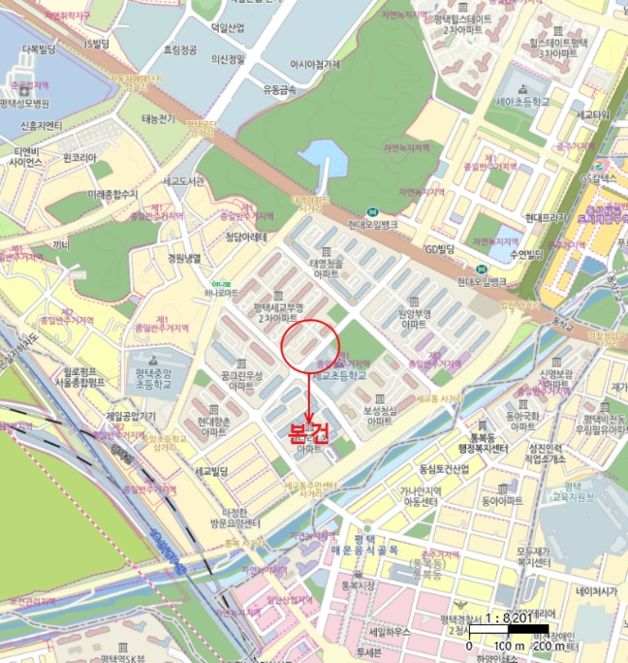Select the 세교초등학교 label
point(338,375)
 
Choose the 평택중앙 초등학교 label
point(154,366)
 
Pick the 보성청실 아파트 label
point(377,416)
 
